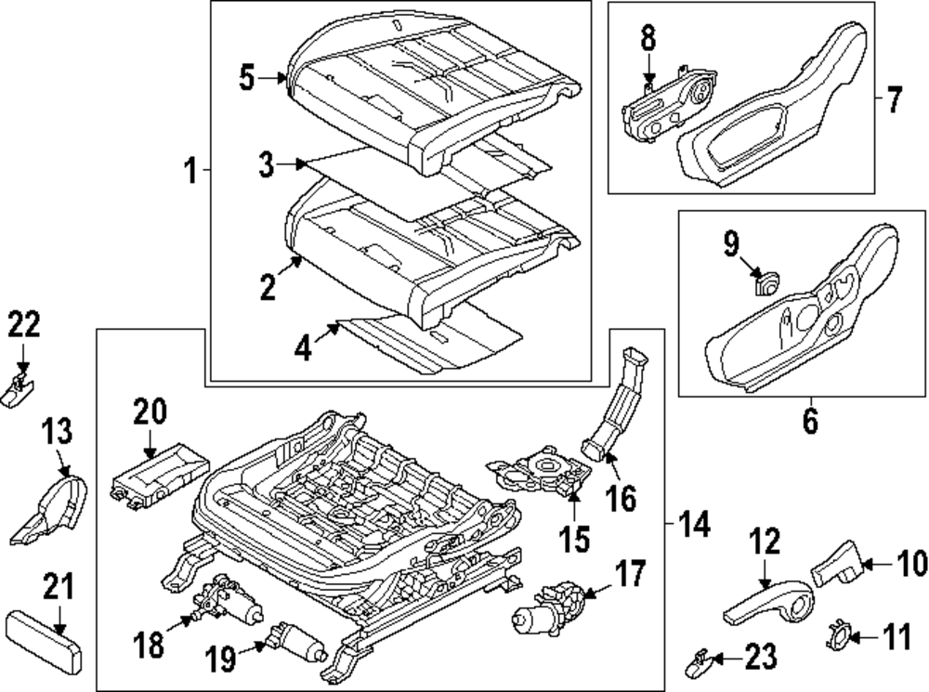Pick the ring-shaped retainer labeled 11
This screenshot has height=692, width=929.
coord(838,637)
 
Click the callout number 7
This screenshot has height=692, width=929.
coord(893,99)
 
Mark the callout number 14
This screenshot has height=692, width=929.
coord(695,527)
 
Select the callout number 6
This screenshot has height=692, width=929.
coord(809,424)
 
